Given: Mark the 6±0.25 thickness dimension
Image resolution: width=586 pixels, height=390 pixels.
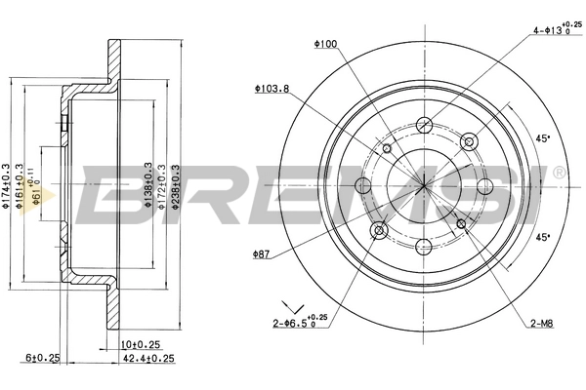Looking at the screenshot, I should coord(41,358).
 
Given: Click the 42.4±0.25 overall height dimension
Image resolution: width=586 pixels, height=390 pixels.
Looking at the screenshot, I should coord(142,358).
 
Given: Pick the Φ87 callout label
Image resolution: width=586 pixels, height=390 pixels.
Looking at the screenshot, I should coord(261,254).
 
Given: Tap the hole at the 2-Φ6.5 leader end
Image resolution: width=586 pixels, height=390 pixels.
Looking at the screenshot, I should coord(381,229).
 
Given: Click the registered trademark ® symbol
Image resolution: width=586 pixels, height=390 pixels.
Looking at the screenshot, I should coord(558,174).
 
